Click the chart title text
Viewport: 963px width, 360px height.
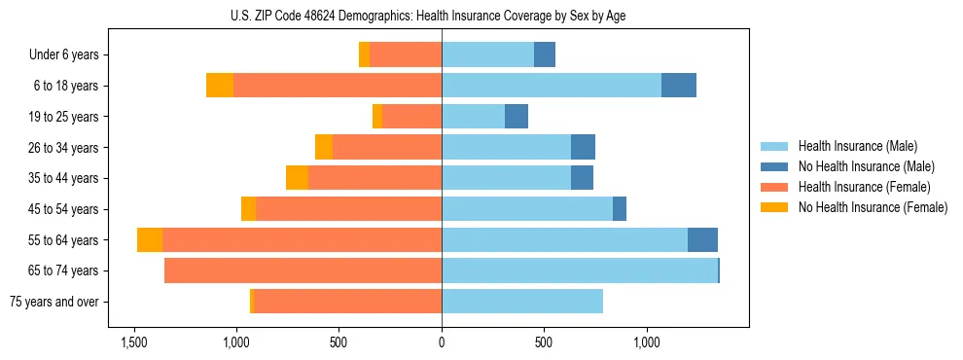442,16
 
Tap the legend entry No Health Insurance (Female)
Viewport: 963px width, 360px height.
873,207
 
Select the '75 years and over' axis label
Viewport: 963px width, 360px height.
53,302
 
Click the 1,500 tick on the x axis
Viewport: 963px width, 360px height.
133,342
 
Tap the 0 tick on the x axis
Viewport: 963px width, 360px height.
442,342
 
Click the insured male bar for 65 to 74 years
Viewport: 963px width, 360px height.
579,270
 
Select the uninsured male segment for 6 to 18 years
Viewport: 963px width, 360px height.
679,86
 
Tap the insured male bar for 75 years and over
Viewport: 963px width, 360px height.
522,302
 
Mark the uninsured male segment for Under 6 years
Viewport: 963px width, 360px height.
545,55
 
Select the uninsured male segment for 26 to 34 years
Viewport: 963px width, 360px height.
583,148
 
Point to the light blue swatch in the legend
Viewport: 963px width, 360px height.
774,146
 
